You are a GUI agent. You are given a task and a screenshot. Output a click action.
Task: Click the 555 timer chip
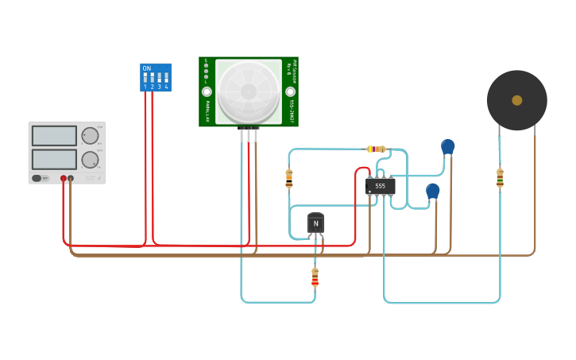tap(380, 186)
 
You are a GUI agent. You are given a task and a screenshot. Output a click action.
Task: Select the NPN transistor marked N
tap(315, 224)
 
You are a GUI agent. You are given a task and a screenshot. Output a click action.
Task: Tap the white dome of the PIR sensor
tap(248, 91)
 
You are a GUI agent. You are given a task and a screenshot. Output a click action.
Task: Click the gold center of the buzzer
tap(517, 100)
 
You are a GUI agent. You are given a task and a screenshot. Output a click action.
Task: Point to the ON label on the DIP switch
tap(146, 69)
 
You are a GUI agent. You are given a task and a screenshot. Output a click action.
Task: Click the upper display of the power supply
tap(54, 135)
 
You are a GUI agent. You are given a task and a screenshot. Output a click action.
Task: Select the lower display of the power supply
tap(54, 159)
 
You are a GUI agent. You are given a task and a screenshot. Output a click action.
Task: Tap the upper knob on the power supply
tap(90, 135)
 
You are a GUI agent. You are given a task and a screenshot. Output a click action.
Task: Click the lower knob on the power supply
tap(90, 160)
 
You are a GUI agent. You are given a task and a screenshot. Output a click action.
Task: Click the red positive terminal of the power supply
tap(64, 179)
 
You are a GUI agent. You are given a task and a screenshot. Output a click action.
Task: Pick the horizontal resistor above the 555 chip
tap(377, 149)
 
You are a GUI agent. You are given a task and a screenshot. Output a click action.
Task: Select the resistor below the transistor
tap(315, 277)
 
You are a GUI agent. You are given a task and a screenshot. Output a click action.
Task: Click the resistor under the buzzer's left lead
tap(500, 178)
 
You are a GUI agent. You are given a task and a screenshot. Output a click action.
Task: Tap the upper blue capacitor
tap(448, 147)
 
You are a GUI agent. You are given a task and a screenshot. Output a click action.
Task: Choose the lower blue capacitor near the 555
tap(432, 191)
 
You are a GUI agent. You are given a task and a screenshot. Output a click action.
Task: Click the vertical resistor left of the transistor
tap(289, 179)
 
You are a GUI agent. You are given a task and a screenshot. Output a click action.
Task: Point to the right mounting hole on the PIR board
tap(290, 91)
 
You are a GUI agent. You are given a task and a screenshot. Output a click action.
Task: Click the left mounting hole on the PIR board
tap(207, 91)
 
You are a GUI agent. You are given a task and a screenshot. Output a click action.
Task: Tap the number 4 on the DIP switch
tap(166, 86)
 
